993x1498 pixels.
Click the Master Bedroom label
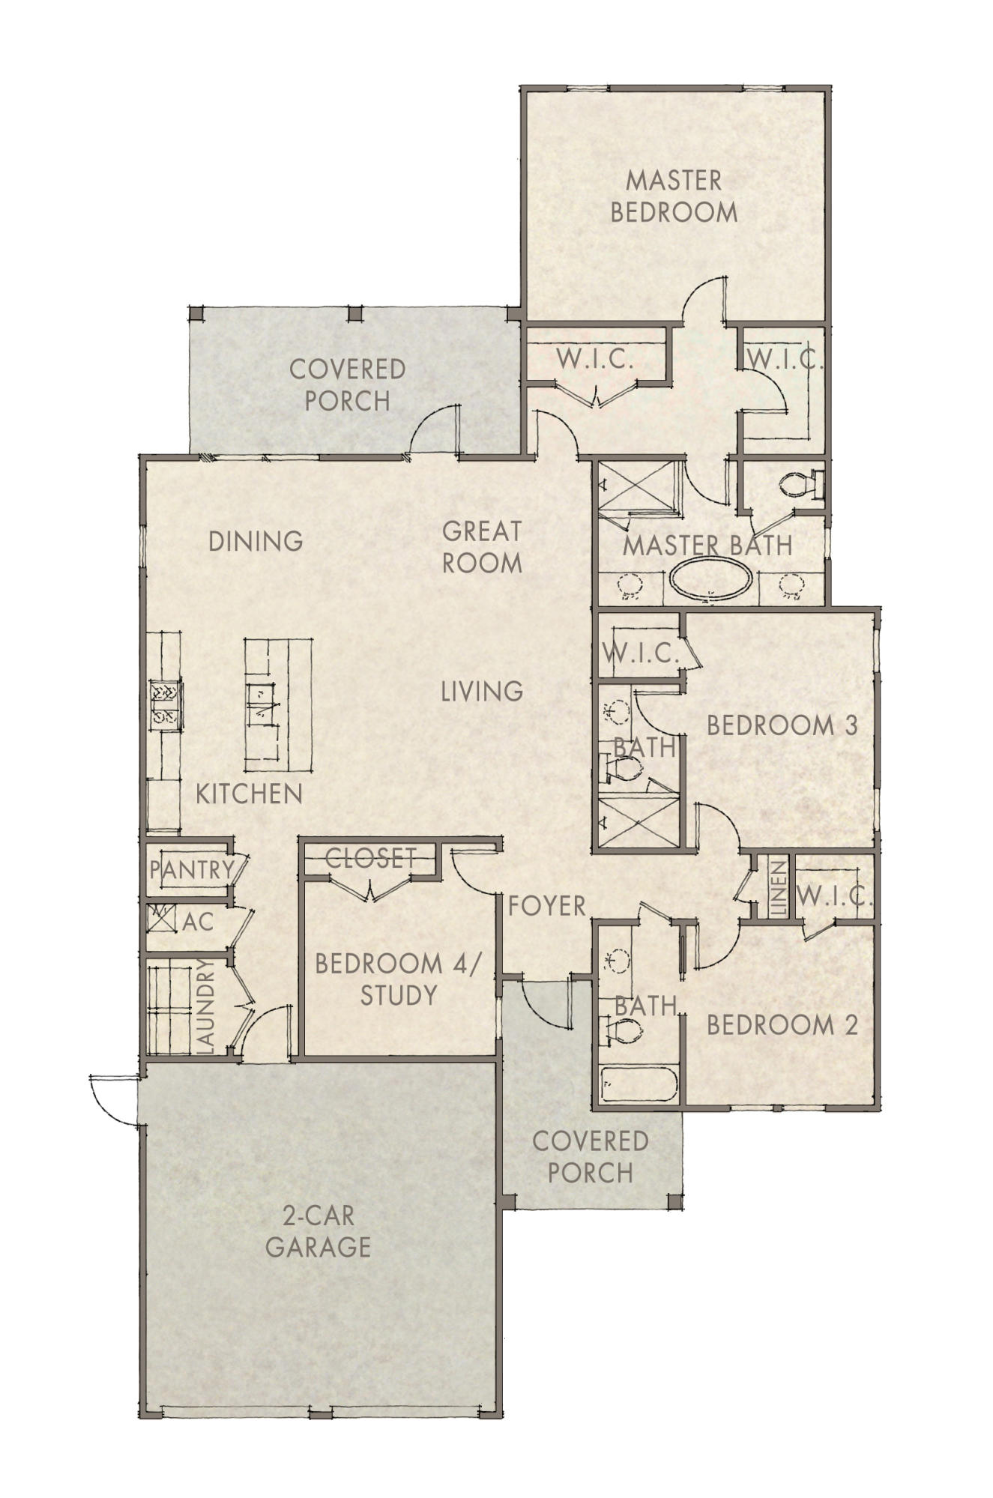[x=673, y=196]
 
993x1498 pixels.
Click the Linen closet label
[x=778, y=889]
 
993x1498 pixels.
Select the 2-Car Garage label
[x=319, y=1230]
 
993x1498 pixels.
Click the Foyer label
[x=547, y=906]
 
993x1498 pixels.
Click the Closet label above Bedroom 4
[x=370, y=857]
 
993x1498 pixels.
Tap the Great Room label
[x=481, y=547]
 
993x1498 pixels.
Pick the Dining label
[x=256, y=540]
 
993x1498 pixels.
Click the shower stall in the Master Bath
[x=637, y=488]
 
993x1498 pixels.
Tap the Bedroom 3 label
[x=782, y=725]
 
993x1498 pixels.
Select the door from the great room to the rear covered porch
[x=435, y=431]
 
